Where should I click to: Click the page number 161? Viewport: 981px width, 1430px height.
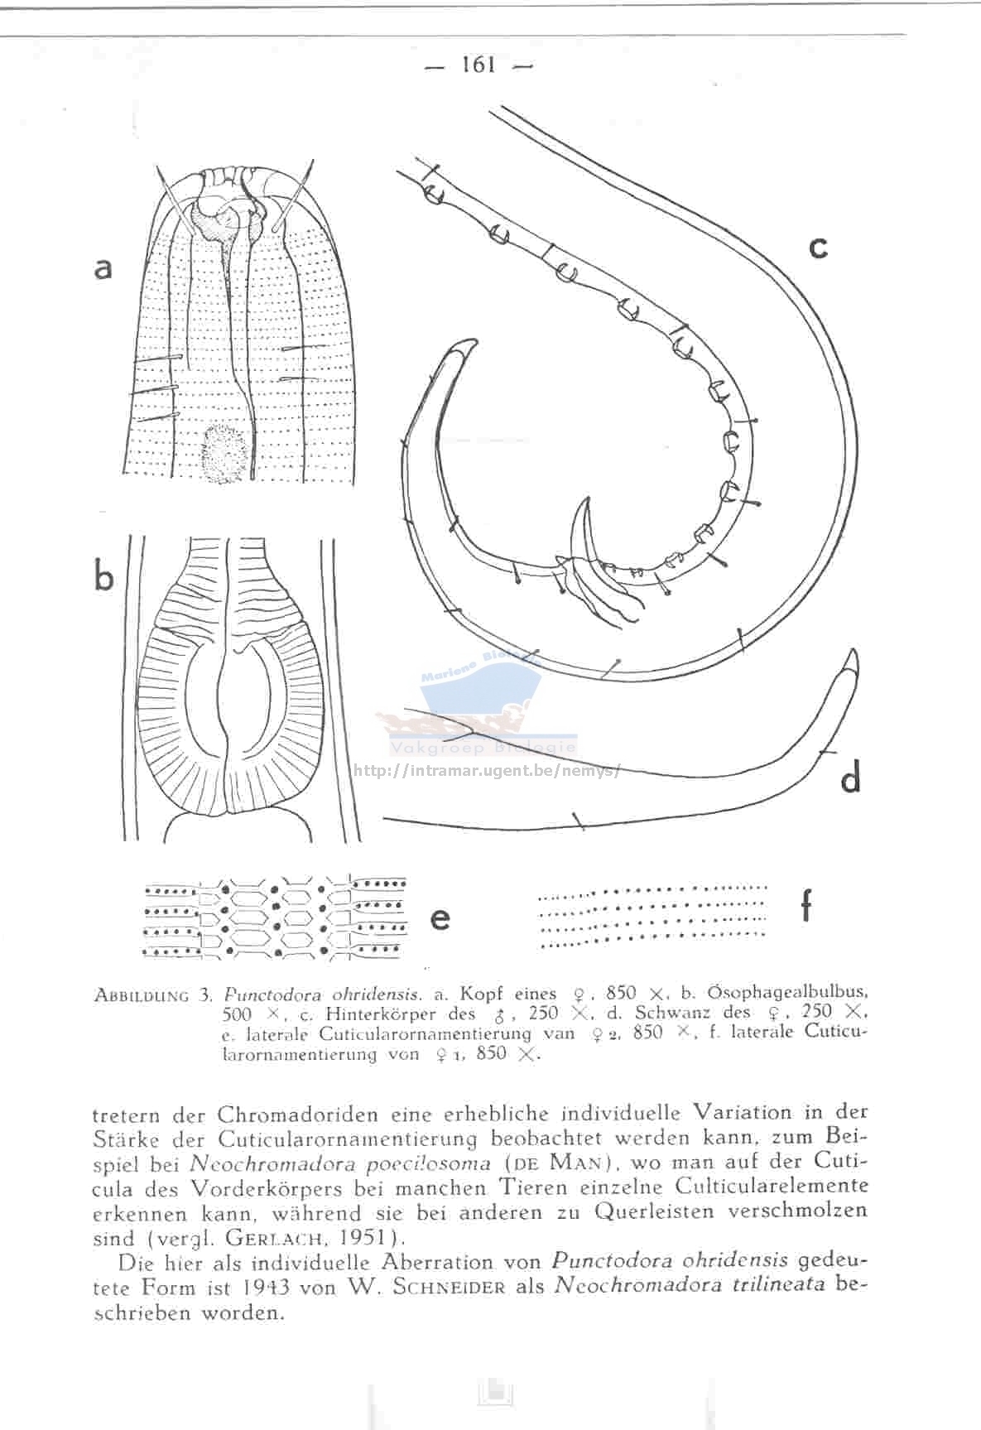click(478, 65)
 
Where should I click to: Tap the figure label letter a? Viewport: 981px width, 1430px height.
click(103, 267)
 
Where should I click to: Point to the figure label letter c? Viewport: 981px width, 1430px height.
click(818, 246)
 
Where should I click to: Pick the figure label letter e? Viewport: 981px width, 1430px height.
click(440, 917)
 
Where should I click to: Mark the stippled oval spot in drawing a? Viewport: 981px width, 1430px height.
click(224, 452)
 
